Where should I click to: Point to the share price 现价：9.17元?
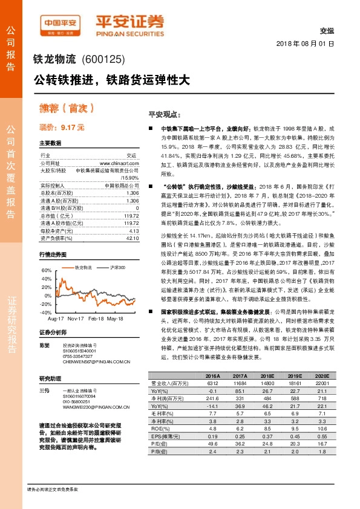pyautogui.click(x=61, y=128)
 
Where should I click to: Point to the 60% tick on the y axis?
pyautogui.click(x=45, y=270)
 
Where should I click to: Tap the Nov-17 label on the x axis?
pyautogui.click(x=75, y=318)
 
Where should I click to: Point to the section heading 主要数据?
pyautogui.click(x=50, y=143)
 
